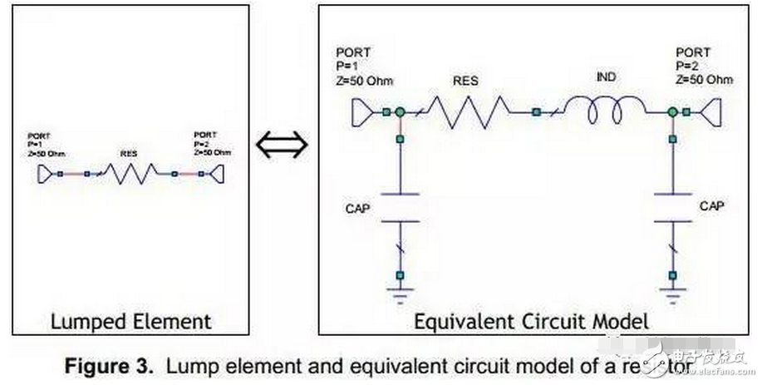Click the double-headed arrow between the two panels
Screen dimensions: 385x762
click(x=282, y=146)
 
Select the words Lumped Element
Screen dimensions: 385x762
click(x=131, y=320)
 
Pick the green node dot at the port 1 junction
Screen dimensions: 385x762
click(x=400, y=111)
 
